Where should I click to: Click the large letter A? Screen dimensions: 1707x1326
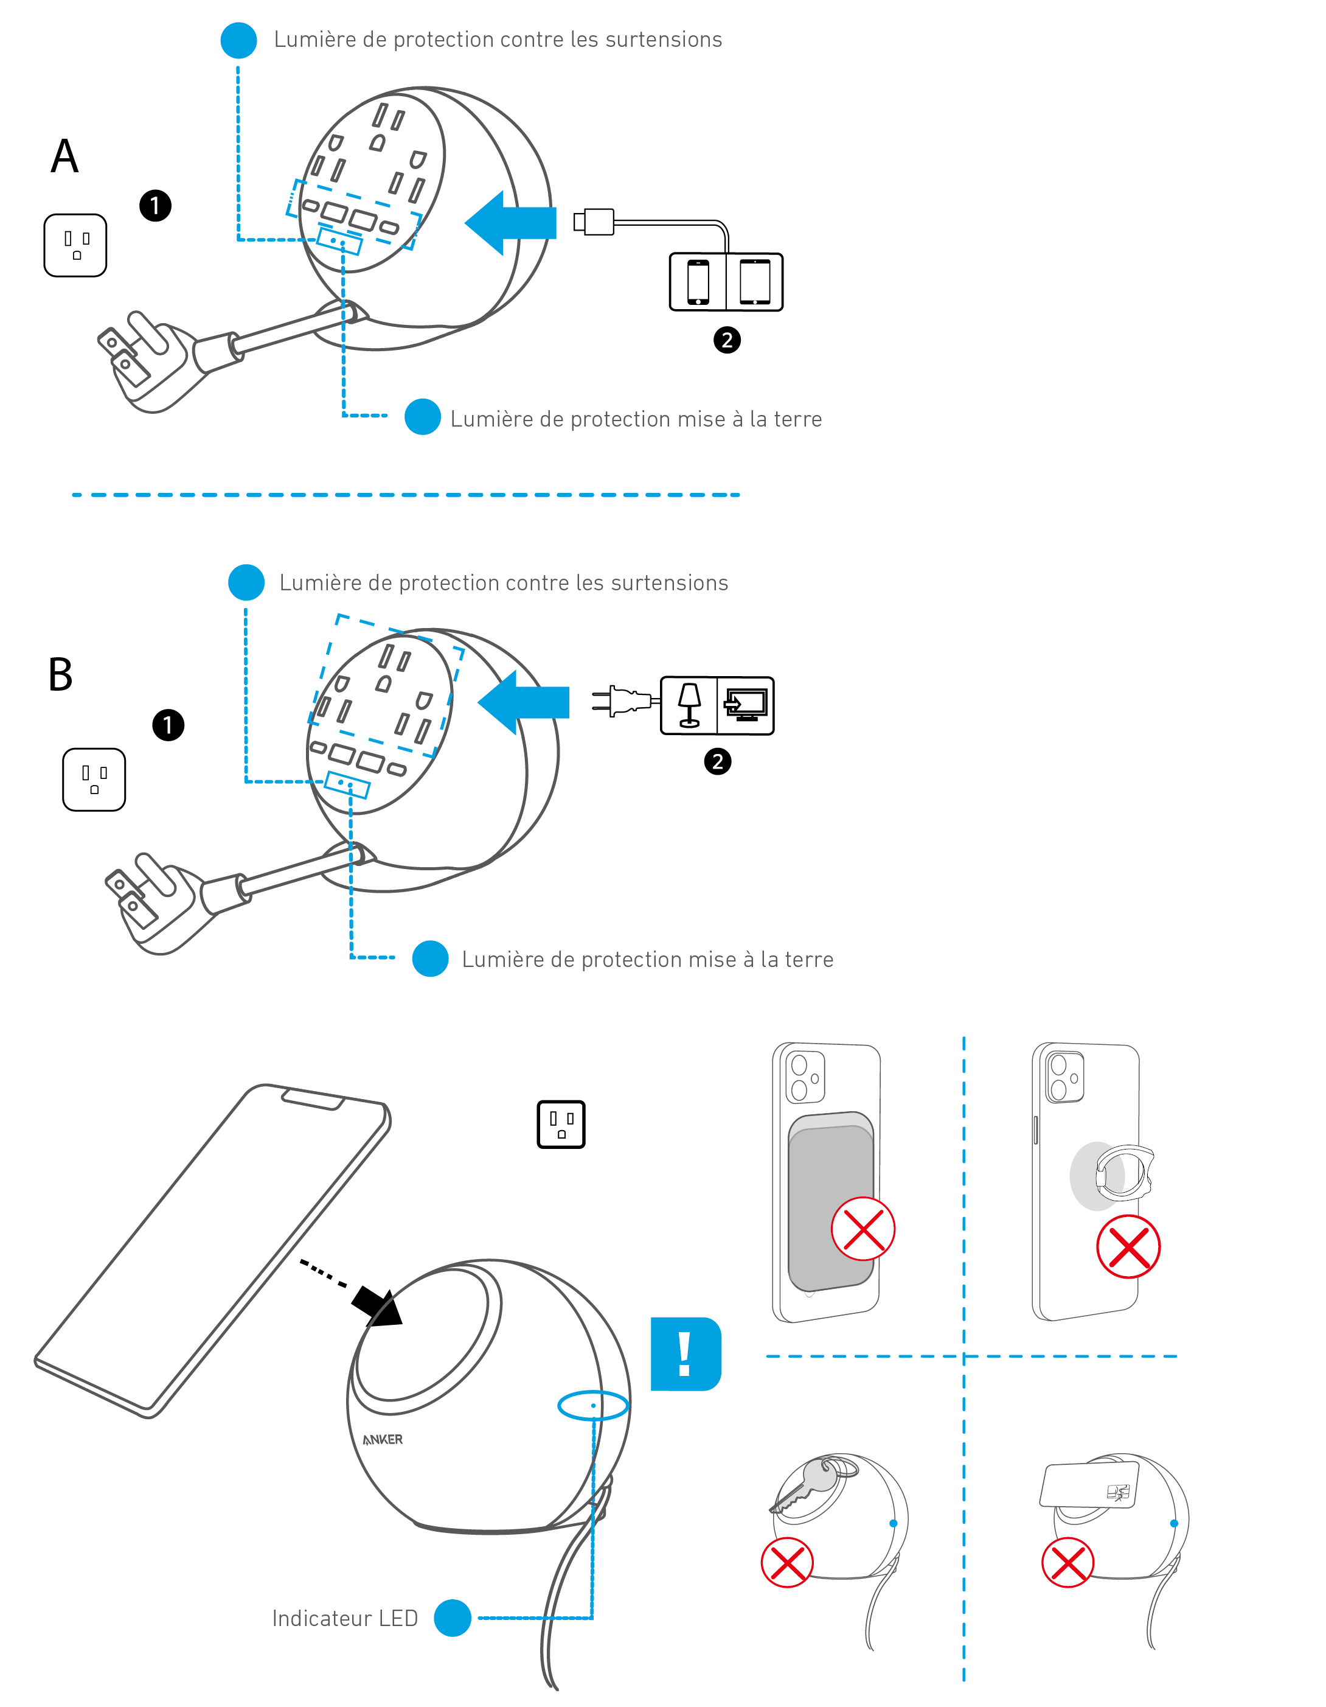65,156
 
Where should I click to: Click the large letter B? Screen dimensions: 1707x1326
60,674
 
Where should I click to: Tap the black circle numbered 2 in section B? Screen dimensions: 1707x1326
717,761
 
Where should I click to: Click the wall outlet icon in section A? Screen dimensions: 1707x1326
75,245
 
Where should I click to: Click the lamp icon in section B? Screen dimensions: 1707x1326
689,705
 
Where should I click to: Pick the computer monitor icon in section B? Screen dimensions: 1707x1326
746,705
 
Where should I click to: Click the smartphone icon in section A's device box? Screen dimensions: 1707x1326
698,281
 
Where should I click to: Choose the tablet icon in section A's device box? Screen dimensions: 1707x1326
755,281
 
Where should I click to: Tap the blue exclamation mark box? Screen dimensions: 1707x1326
686,1353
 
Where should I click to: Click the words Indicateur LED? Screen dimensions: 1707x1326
345,1618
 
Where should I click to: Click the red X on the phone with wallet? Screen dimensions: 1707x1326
863,1229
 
